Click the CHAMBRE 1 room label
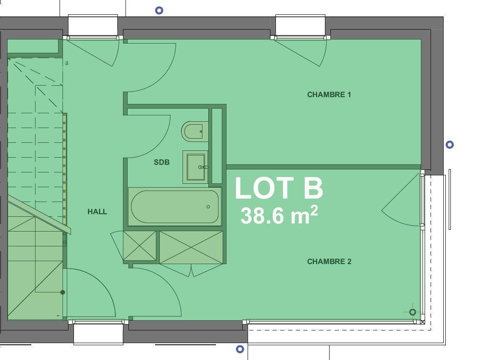329,95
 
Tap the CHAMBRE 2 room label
329,262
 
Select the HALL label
97,212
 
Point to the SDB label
162,162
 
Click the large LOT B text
279,188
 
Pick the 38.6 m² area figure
279,215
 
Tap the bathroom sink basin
195,167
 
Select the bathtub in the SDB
175,207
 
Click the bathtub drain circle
208,207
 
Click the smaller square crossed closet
139,246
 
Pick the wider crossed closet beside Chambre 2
191,247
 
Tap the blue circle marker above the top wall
159,11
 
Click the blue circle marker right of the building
450,145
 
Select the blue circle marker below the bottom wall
240,349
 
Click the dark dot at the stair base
63,292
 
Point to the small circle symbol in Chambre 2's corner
413,312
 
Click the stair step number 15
67,63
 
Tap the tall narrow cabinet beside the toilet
217,146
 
